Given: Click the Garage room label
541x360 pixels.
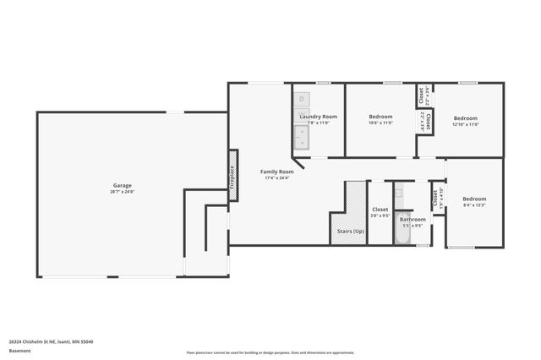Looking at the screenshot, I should (123, 185).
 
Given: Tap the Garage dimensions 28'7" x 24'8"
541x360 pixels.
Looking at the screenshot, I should (123, 192).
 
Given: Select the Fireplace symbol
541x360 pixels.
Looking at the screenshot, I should (232, 175).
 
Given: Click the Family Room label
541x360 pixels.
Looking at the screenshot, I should (276, 172).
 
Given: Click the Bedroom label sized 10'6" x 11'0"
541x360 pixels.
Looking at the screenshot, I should (381, 117).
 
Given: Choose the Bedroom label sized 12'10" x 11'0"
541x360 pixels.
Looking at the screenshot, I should (465, 118).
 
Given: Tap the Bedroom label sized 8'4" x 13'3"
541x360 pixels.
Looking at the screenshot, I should (474, 199).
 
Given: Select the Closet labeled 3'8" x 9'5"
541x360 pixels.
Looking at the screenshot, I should (380, 210).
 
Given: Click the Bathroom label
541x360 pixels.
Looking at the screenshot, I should (413, 219).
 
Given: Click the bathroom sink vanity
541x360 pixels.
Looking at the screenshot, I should (400, 196).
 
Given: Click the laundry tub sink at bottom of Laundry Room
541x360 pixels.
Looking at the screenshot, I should (302, 135).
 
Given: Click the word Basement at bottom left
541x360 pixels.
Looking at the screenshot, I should (19, 351).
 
